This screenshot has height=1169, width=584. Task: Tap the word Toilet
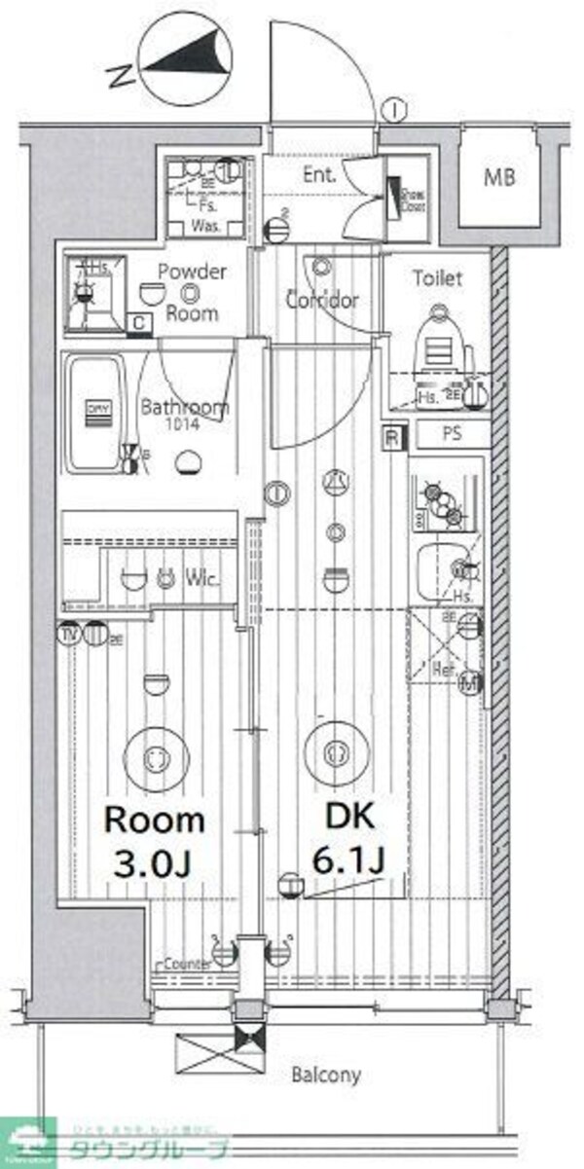click(437, 278)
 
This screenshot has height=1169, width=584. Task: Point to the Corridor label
click(322, 301)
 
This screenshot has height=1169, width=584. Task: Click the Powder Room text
click(191, 293)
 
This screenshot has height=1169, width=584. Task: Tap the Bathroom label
click(184, 409)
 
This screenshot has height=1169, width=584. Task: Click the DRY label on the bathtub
click(97, 409)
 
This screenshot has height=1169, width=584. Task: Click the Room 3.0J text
click(154, 840)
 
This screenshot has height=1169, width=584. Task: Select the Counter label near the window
click(188, 964)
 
